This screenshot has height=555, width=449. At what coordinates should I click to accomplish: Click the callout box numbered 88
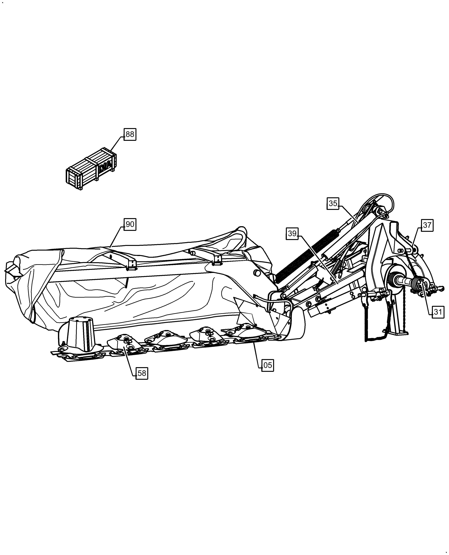click(x=130, y=134)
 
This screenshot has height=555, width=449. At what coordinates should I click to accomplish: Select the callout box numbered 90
click(x=130, y=224)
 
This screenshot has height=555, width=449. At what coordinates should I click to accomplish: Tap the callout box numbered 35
click(x=333, y=204)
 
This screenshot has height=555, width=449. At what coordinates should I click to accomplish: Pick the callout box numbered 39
click(x=292, y=234)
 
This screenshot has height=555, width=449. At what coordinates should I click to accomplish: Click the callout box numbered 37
click(x=427, y=225)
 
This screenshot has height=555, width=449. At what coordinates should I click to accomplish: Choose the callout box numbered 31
click(x=438, y=312)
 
